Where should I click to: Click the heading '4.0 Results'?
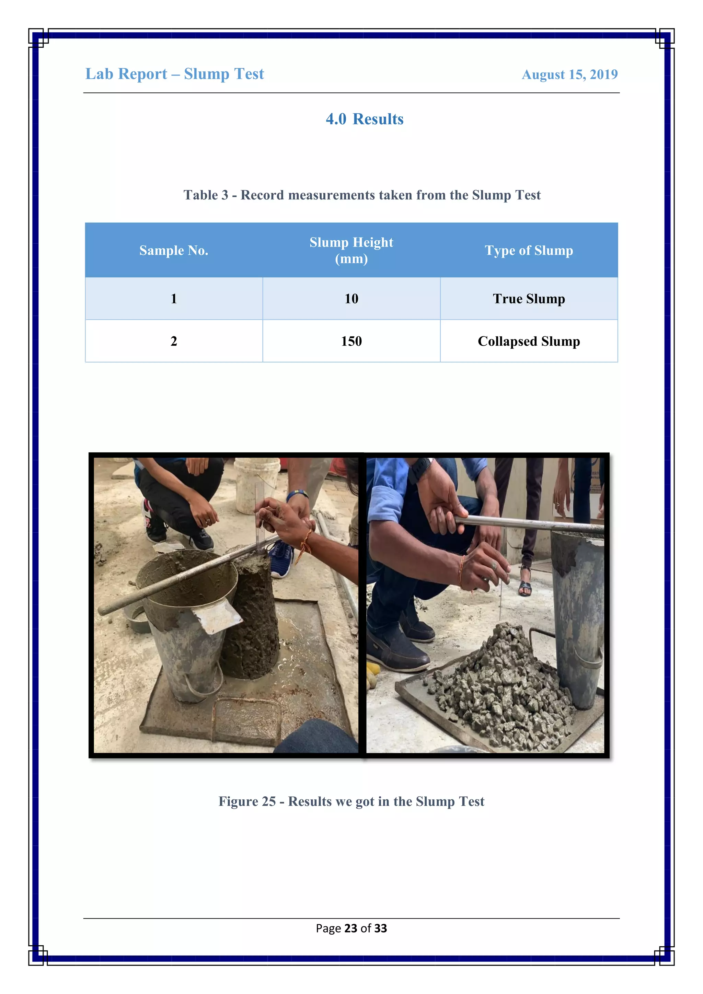pyautogui.click(x=365, y=119)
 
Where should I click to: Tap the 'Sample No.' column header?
pyautogui.click(x=174, y=250)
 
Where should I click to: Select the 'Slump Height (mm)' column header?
pyautogui.click(x=351, y=250)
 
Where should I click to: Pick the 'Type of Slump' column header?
pyautogui.click(x=529, y=250)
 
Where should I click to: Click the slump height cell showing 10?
pyautogui.click(x=351, y=299)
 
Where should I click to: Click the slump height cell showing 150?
pyautogui.click(x=351, y=341)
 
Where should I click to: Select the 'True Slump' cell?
pyautogui.click(x=529, y=299)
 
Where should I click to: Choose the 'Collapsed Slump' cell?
pyautogui.click(x=529, y=341)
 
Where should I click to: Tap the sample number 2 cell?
pyautogui.click(x=174, y=341)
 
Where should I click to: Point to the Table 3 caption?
pyautogui.click(x=362, y=195)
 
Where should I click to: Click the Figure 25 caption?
pyautogui.click(x=351, y=801)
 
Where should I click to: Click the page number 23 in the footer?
pyautogui.click(x=350, y=928)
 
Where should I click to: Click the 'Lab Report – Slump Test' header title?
pyautogui.click(x=174, y=74)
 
